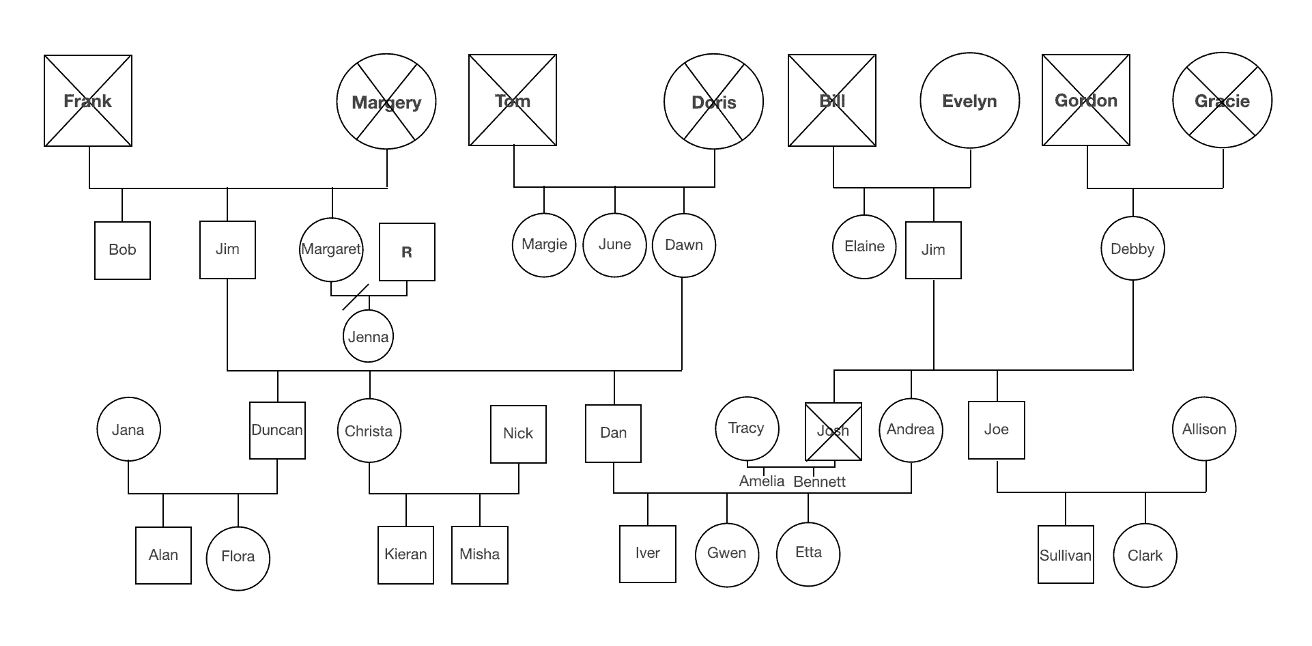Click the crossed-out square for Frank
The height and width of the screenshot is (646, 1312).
(88, 101)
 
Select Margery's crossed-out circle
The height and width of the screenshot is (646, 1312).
(386, 102)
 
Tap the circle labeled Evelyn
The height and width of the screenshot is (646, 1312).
(969, 101)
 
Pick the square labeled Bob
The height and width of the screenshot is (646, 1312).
(122, 250)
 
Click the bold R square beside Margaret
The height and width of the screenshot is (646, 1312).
(407, 252)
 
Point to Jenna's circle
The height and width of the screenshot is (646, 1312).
(368, 336)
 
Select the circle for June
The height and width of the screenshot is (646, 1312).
(614, 244)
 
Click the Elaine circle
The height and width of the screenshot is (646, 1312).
(864, 247)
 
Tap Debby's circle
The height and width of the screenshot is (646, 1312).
(1132, 249)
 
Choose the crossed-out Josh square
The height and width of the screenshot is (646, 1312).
(833, 431)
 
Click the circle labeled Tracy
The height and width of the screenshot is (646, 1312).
(746, 428)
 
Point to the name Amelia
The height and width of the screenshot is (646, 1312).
(762, 481)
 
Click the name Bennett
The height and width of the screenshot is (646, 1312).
(819, 482)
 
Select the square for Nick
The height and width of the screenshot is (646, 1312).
(518, 434)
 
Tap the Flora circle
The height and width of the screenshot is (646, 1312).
(238, 557)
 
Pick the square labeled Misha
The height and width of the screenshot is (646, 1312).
(479, 554)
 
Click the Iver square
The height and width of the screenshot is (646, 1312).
(647, 553)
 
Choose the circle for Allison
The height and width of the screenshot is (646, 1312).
(1204, 430)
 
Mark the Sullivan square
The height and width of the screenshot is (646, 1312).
(1065, 554)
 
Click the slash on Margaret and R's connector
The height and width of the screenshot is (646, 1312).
(356, 297)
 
